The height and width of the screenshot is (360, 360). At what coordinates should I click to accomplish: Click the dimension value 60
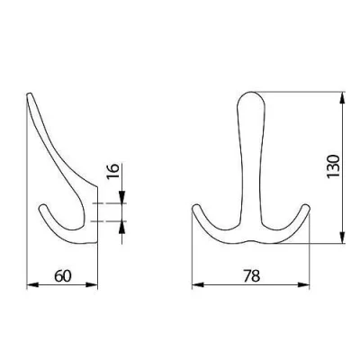(63, 276)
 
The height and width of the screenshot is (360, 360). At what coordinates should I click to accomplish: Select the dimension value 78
(251, 276)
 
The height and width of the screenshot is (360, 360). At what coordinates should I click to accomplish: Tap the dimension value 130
(333, 166)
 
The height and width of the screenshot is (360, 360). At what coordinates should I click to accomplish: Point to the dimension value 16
(113, 171)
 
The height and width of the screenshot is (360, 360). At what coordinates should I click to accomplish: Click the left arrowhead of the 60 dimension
(33, 284)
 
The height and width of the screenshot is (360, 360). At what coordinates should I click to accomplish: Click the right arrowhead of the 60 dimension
(92, 284)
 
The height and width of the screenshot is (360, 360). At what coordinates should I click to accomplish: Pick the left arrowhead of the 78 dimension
(198, 284)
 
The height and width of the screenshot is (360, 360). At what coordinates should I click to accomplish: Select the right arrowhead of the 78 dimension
(303, 284)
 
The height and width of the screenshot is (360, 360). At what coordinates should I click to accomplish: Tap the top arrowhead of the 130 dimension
(342, 98)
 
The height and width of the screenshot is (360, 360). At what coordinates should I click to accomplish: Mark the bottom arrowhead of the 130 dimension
(342, 238)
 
